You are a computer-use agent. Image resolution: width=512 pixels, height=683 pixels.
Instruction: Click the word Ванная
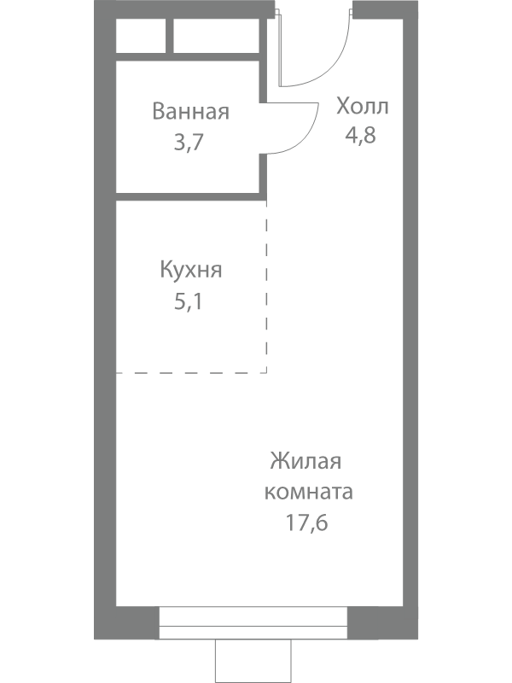(190, 112)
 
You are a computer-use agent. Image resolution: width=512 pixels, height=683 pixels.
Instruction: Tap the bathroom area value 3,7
(188, 142)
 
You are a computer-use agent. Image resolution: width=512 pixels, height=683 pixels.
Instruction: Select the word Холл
(362, 107)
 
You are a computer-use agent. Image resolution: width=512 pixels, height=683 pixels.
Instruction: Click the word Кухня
(191, 271)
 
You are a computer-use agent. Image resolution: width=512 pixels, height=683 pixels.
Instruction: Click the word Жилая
(305, 462)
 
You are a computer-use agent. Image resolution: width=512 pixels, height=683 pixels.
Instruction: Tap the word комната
(309, 493)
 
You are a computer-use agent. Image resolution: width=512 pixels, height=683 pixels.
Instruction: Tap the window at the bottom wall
(253, 624)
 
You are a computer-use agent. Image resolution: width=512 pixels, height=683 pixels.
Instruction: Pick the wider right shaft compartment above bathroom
(216, 37)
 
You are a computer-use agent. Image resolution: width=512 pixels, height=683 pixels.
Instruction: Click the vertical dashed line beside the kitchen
(266, 290)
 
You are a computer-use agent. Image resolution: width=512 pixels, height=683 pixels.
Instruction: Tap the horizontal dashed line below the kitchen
(191, 372)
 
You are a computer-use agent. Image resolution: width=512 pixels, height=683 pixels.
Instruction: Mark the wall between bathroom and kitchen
(189, 197)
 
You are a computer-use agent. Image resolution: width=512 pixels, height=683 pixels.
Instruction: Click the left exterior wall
(104, 341)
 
